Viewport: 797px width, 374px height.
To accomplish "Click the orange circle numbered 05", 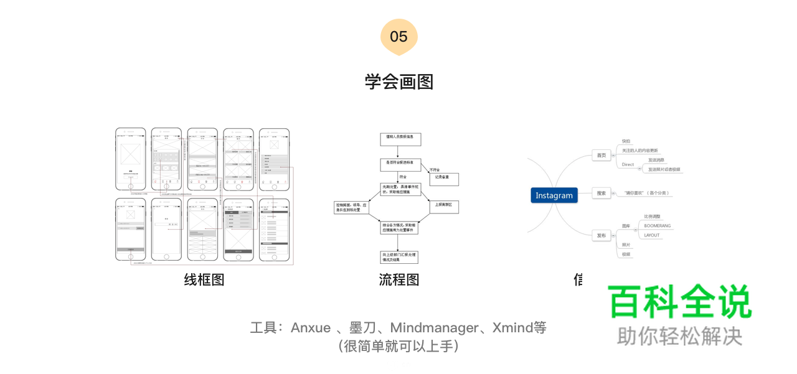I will [398, 37].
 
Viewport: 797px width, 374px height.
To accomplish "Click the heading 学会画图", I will [398, 82].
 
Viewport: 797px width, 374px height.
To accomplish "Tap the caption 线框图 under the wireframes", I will [204, 279].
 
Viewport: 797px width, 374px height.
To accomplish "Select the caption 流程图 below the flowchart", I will [399, 279].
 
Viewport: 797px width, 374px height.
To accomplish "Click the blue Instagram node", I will [554, 195].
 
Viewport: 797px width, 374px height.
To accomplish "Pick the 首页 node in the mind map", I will [601, 156].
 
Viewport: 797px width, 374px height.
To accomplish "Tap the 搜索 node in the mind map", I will [601, 193].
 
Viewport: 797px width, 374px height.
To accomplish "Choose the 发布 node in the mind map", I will [601, 235].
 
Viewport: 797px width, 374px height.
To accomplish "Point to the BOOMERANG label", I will [657, 226].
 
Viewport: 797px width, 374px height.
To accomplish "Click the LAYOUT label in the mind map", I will [652, 235].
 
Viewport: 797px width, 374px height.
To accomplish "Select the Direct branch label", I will [628, 164].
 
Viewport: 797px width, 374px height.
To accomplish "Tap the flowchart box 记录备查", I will [443, 179].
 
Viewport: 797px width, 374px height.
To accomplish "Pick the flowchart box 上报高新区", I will [443, 206].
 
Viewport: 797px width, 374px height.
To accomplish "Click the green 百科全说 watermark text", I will [679, 302].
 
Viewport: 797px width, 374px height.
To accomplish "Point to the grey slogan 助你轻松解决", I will [679, 336].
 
